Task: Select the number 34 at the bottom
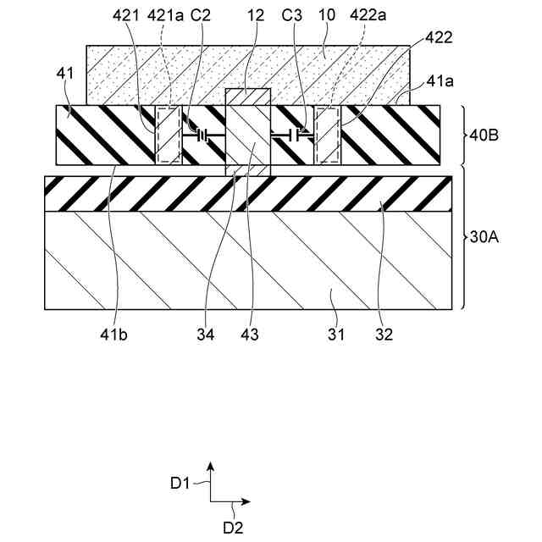point(206,335)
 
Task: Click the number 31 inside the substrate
point(336,335)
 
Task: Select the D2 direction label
point(234,527)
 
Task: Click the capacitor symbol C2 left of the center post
point(203,135)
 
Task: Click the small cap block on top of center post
point(248,97)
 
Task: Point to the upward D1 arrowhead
point(211,467)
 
